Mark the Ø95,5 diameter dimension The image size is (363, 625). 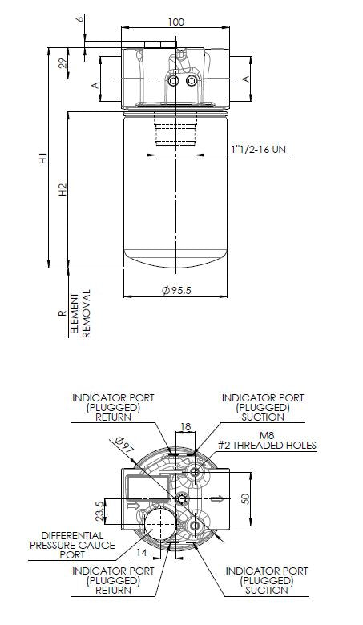pos(176,290)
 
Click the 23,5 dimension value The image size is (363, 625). pos(99,510)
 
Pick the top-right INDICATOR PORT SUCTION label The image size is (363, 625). pos(263,406)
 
